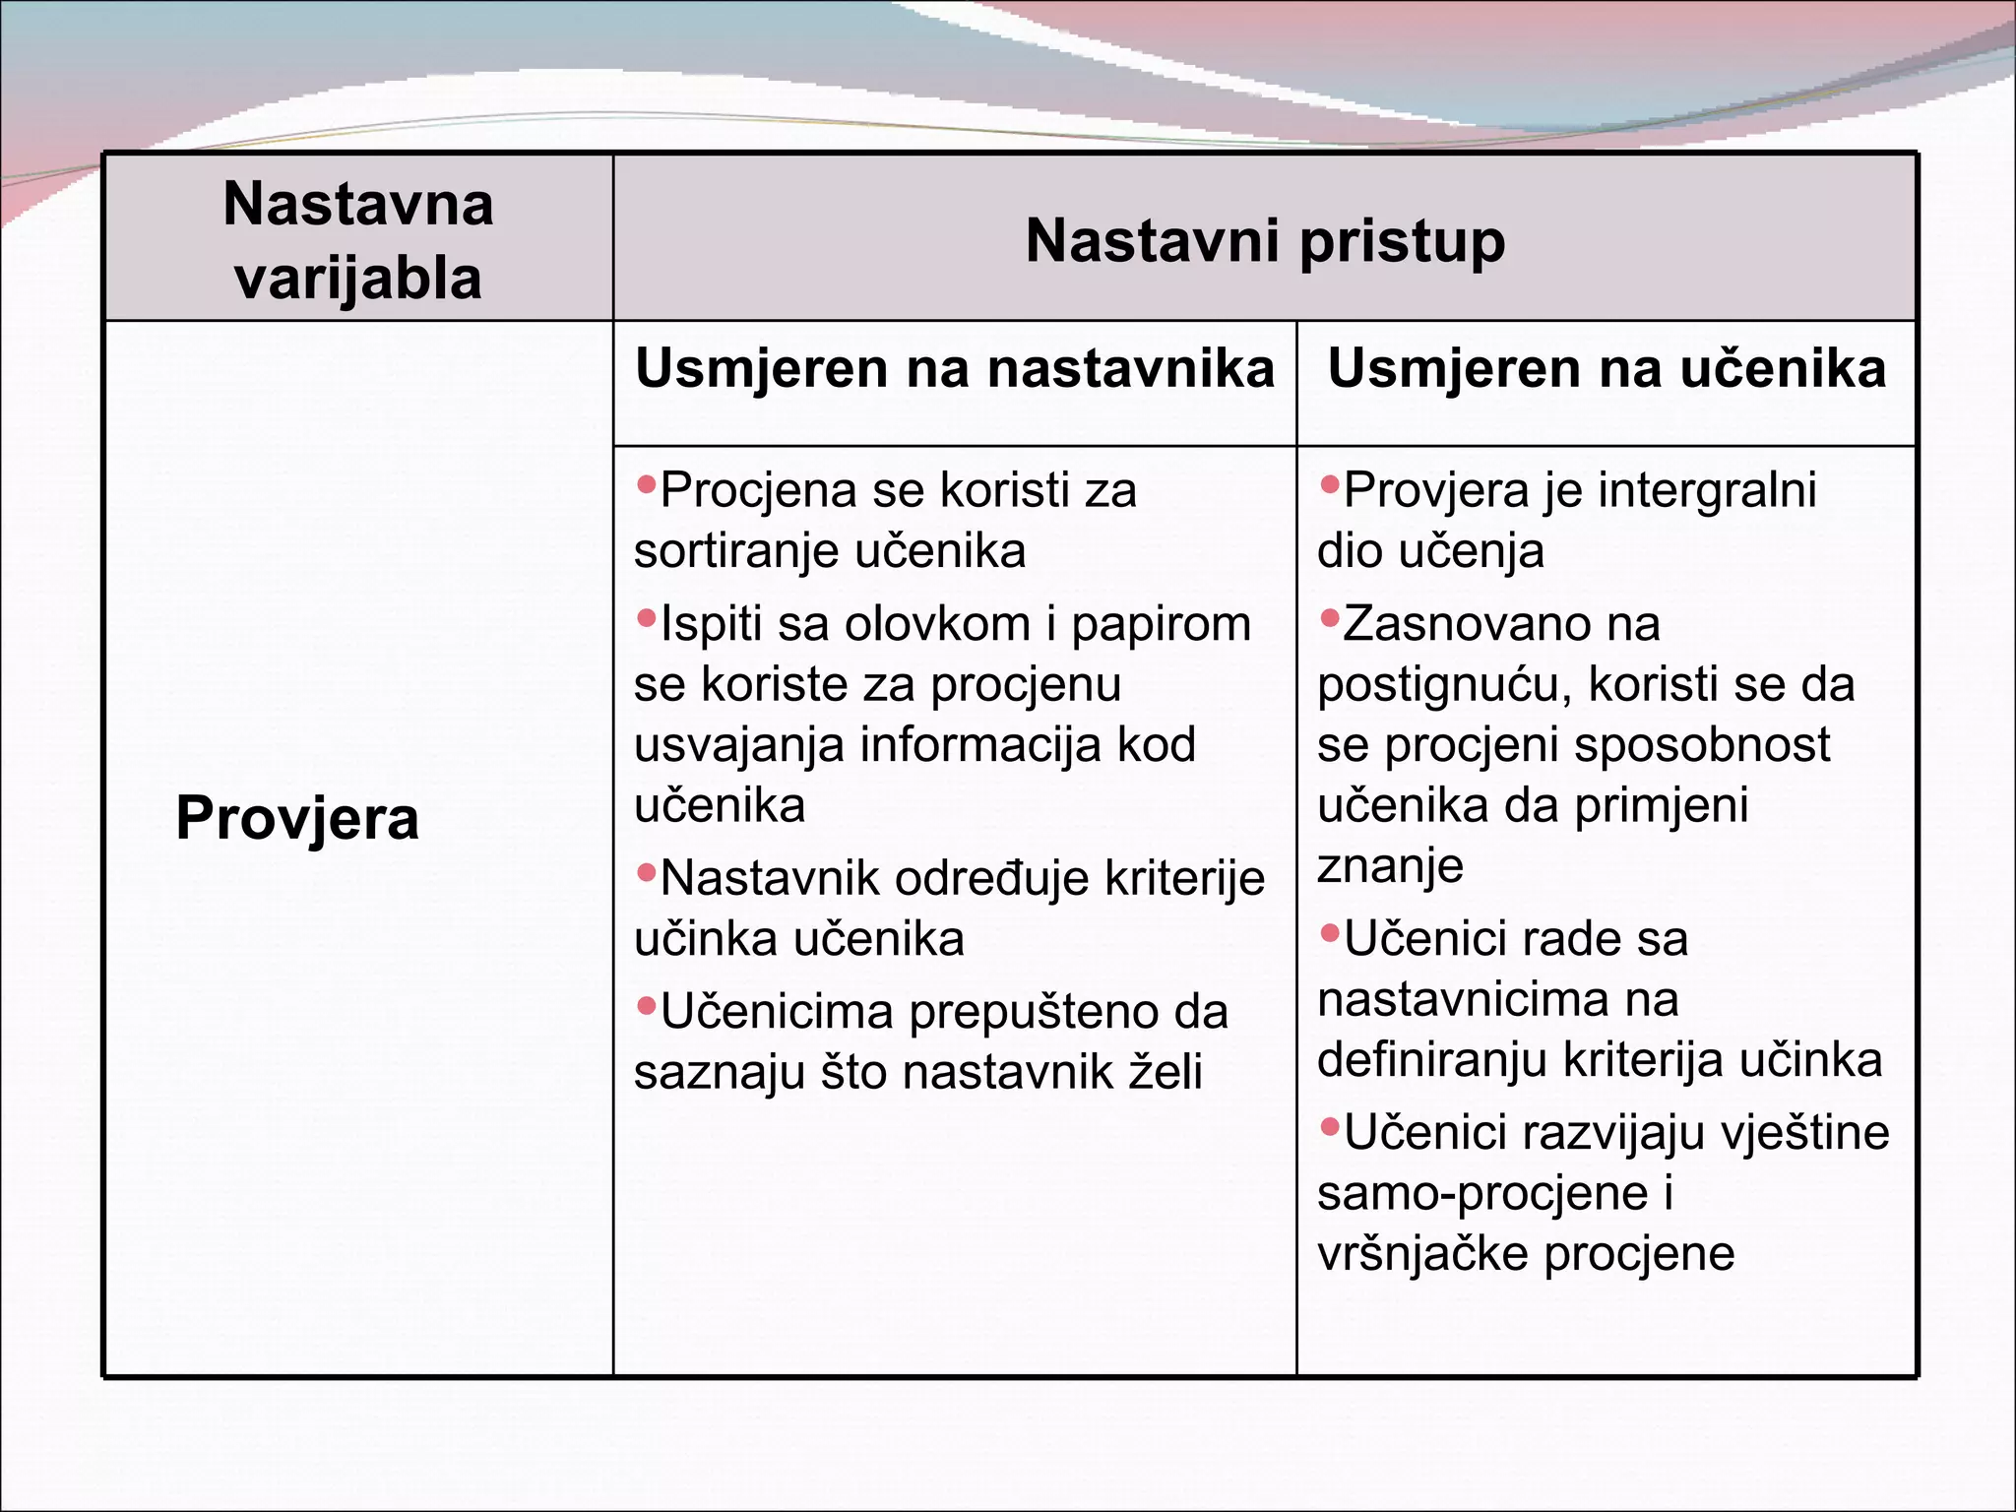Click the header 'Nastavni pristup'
(1265, 241)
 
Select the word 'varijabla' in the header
(358, 279)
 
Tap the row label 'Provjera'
(297, 818)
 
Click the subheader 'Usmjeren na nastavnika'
(954, 369)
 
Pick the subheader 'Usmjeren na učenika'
(1606, 369)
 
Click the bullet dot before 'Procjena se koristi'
(646, 483)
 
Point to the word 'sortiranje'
(724, 551)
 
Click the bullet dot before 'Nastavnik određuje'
(646, 872)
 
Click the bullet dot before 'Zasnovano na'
(1330, 618)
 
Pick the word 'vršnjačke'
(1422, 1255)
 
